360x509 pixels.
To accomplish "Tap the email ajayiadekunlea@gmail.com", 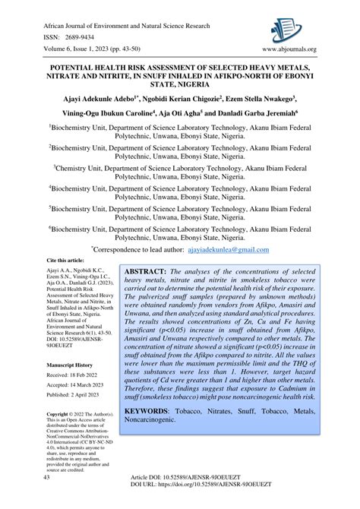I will point(229,248).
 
